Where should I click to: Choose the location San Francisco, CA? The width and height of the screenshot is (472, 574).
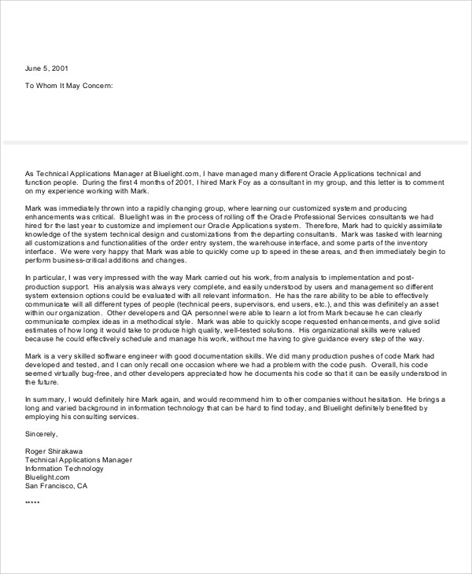(57, 485)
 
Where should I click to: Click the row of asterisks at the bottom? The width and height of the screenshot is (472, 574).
(32, 503)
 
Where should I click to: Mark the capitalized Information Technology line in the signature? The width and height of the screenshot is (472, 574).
(65, 468)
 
